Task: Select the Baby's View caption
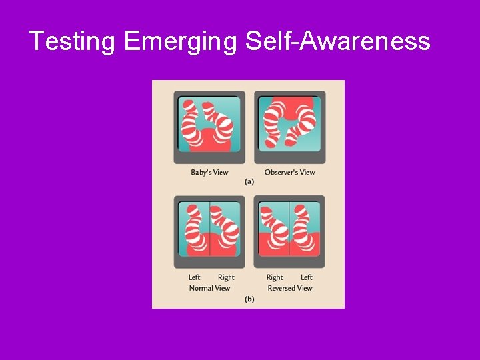pos(209,173)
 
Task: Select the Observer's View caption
pos(289,173)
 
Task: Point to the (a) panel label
pos(249,181)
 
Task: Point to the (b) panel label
pos(249,299)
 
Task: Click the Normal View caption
pos(209,288)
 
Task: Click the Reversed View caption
pos(289,288)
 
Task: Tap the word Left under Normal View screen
pos(194,277)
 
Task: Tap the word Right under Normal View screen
pos(226,277)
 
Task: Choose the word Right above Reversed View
pos(275,277)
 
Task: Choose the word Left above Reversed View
pos(306,277)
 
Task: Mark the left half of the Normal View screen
pos(194,229)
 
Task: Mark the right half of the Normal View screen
pos(225,229)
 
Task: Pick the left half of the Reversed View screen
pos(273,229)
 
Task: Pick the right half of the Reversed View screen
pos(305,229)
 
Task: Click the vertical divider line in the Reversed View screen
pos(289,229)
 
